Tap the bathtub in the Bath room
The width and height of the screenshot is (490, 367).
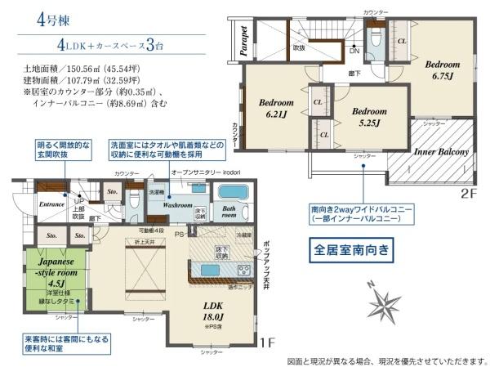pos(233,193)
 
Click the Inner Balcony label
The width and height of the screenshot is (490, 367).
pos(441,152)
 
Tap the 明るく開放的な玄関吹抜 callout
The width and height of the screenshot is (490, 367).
pos(64,150)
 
